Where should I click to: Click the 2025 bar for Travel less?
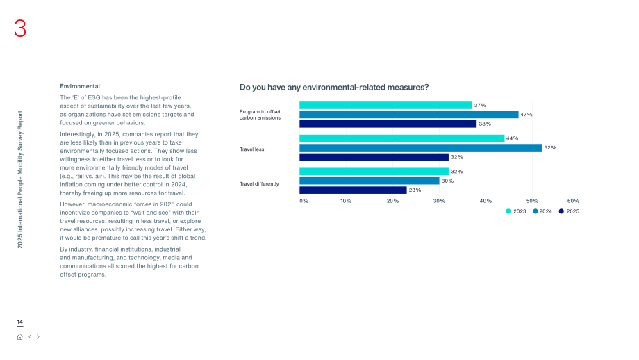point(374,157)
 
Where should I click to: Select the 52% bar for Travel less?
point(421,147)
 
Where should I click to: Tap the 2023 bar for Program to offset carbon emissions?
point(385,105)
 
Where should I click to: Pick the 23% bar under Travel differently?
point(353,190)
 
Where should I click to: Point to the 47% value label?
point(526,115)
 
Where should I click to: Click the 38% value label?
point(485,124)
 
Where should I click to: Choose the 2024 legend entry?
point(542,211)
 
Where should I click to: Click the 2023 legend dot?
point(508,211)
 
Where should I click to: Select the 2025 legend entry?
point(569,211)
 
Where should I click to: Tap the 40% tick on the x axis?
point(486,201)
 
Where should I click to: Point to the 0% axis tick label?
point(304,201)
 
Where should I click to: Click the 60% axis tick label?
point(573,201)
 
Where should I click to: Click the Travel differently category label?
point(259,184)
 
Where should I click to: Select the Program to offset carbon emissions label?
point(260,115)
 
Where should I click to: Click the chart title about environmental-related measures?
point(334,88)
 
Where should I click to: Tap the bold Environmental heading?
point(80,86)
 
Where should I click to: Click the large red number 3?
point(20,28)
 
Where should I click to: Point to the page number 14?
point(19,322)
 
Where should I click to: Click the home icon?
point(19,337)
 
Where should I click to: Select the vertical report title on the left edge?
point(20,179)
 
